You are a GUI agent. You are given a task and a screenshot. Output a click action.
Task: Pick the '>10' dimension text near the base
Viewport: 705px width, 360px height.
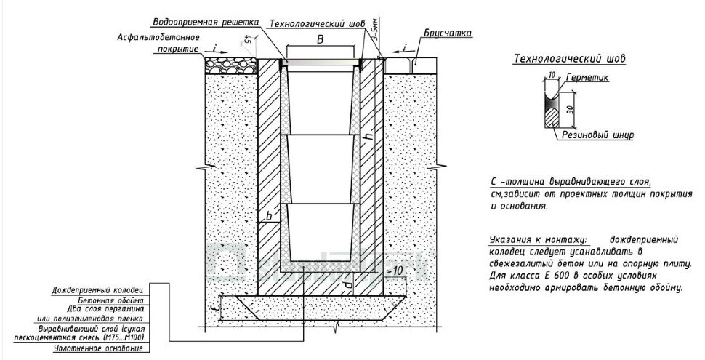[x=396, y=271]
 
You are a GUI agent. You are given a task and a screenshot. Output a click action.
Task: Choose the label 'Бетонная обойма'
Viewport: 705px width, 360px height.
[x=110, y=299]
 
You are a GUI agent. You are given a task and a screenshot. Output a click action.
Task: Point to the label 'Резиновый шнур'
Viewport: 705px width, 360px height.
[x=598, y=135]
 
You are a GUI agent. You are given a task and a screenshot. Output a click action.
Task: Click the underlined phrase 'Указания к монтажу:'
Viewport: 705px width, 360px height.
[x=533, y=239]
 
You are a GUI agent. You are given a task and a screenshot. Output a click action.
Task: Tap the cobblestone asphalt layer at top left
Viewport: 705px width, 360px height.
[x=231, y=65]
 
